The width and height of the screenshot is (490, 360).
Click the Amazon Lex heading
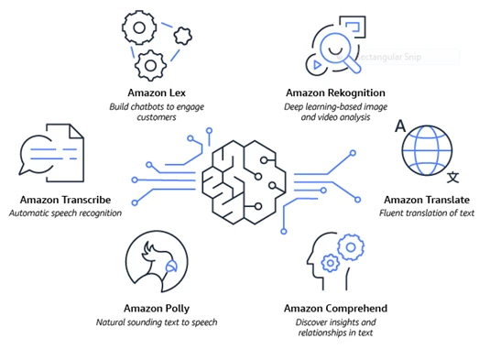click(x=157, y=93)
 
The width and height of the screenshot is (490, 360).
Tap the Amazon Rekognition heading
click(x=335, y=93)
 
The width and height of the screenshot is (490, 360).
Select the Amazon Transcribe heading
click(x=65, y=200)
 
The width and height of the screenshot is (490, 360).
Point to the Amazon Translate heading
click(x=427, y=200)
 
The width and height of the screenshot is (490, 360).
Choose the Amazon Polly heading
click(x=157, y=309)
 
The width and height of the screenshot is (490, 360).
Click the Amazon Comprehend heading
click(x=335, y=309)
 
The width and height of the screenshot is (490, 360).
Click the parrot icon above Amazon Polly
click(x=157, y=262)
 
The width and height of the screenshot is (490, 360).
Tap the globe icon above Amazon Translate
click(x=427, y=150)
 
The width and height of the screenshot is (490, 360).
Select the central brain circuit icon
click(x=244, y=182)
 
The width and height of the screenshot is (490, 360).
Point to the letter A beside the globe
click(x=400, y=125)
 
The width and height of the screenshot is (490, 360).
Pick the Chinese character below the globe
click(x=452, y=177)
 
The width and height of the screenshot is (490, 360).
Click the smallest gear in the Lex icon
click(x=183, y=36)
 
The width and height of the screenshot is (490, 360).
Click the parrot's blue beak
click(x=171, y=266)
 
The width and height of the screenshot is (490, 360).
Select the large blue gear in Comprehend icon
click(x=351, y=247)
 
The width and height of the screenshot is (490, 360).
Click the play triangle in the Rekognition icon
click(x=317, y=65)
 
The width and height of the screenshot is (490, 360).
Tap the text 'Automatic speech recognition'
click(x=65, y=213)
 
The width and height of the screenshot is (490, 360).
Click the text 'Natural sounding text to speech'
click(x=157, y=322)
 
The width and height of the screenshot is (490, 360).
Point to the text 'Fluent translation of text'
click(x=427, y=213)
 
